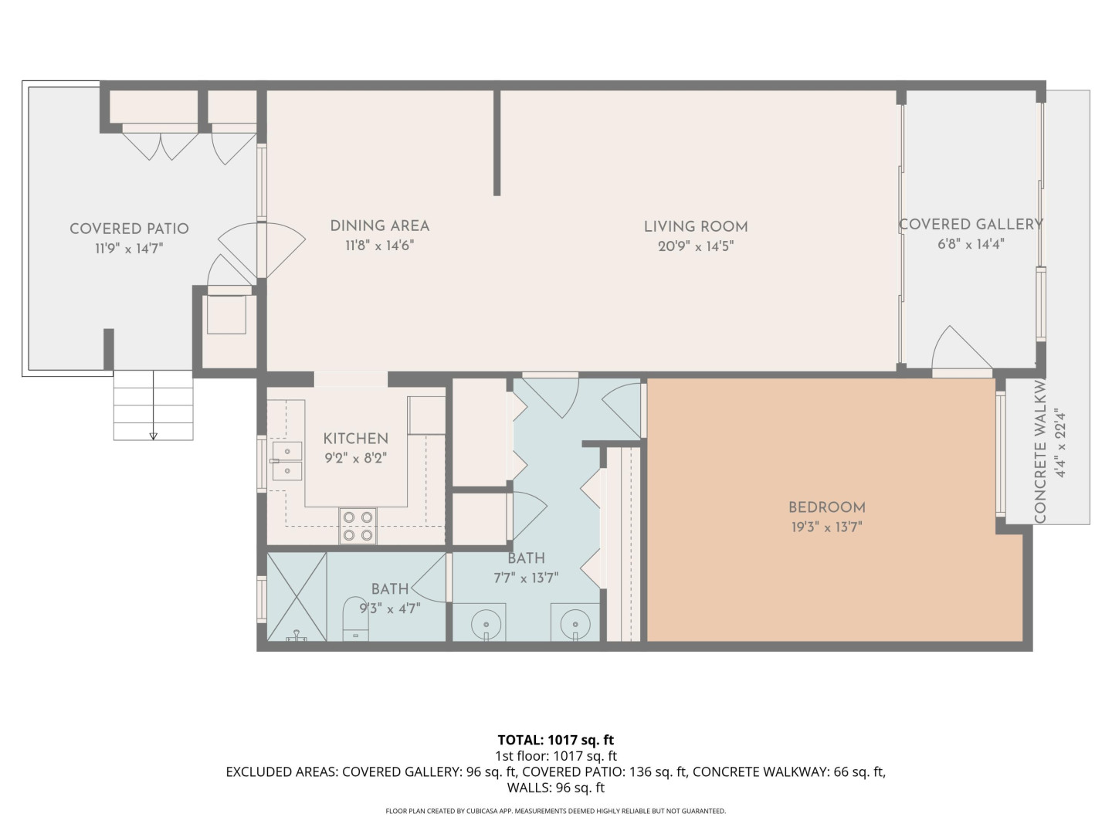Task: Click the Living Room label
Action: (696, 226)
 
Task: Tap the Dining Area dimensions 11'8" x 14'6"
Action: (379, 246)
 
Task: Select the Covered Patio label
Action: (129, 229)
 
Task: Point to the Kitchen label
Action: (356, 438)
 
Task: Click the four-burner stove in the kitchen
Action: (358, 526)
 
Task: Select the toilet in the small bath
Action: (356, 619)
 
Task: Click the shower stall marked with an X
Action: (297, 597)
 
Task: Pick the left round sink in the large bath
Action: (486, 623)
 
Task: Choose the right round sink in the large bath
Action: (575, 623)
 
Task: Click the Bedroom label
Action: (827, 507)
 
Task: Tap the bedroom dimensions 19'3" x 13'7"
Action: (827, 527)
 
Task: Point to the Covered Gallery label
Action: (971, 224)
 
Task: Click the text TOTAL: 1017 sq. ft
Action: (556, 740)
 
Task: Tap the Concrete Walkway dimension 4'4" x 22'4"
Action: (1060, 445)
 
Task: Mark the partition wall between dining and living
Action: (497, 143)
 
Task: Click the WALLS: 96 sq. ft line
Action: (556, 788)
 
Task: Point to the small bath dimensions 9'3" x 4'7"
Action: (390, 609)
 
